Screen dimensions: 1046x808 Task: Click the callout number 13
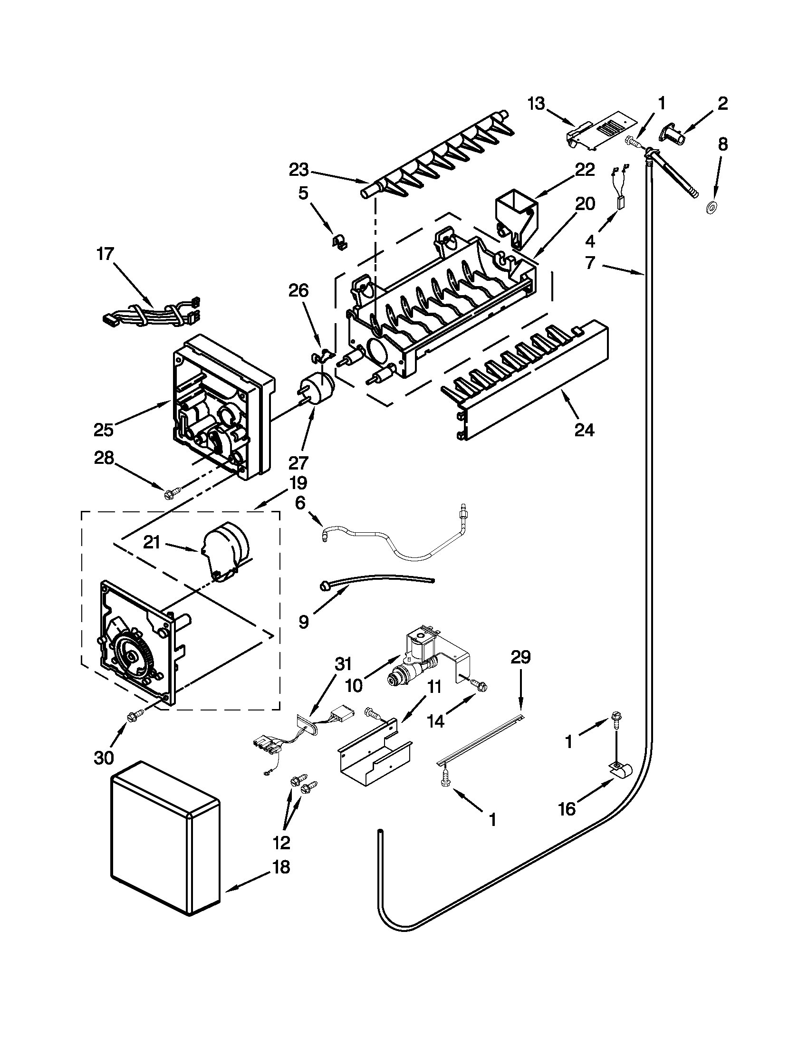click(537, 104)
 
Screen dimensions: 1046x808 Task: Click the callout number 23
click(299, 170)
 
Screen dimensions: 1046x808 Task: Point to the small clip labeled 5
click(340, 242)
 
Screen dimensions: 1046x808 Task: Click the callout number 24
click(584, 430)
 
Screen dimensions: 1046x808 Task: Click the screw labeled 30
click(132, 717)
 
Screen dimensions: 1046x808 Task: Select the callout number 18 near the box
click(281, 866)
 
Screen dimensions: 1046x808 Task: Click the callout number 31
click(343, 664)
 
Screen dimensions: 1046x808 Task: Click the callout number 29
click(520, 657)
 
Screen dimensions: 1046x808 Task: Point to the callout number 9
click(304, 621)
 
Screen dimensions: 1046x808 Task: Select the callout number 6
click(300, 504)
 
